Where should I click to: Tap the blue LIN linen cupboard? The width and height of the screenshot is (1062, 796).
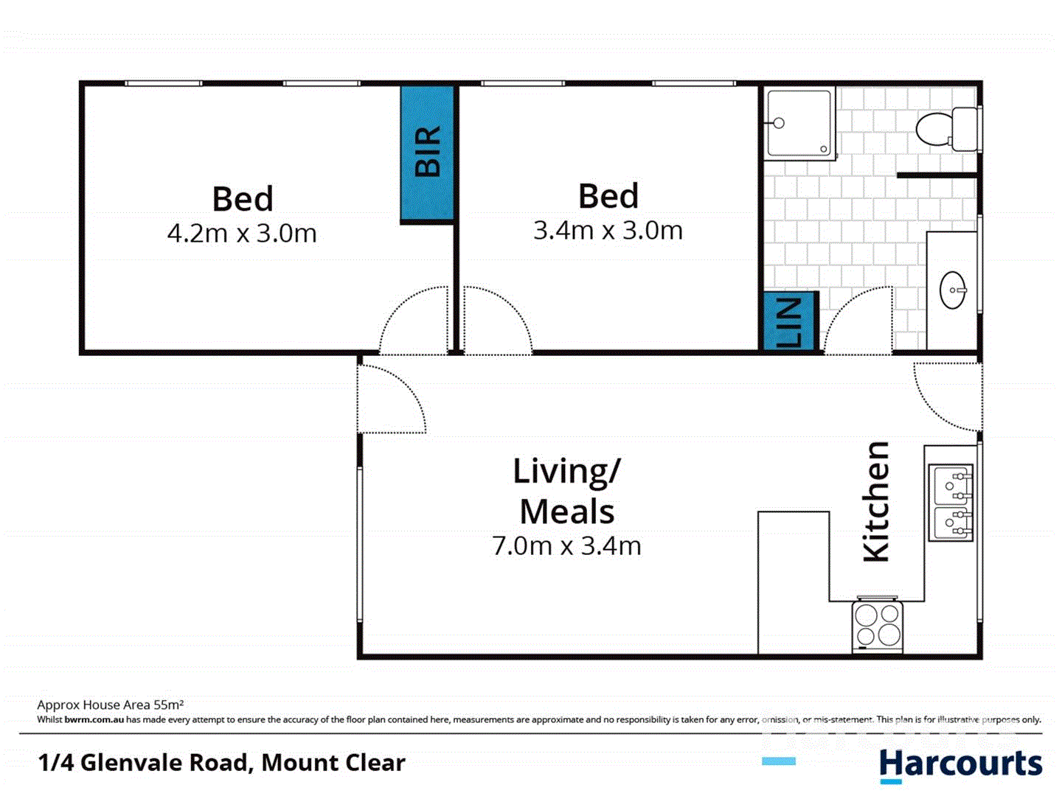790,321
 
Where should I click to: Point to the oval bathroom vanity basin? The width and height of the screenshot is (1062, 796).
953,290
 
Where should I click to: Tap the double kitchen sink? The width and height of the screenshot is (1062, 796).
951,502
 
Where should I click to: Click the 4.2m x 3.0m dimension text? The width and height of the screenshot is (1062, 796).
242,234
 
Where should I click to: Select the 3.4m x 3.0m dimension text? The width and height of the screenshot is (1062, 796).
608,231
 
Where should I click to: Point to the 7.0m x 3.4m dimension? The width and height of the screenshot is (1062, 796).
566,546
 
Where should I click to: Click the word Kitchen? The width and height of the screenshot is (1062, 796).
877,501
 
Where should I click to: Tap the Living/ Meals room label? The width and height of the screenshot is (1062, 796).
566,491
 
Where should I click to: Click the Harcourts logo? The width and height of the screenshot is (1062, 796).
960,764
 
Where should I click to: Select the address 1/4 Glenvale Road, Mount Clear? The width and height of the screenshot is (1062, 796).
221,762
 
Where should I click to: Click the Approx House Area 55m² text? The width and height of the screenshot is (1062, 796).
110,705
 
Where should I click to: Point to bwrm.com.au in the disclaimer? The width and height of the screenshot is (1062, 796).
94,719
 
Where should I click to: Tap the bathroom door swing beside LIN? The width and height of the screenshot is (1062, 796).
859,321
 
